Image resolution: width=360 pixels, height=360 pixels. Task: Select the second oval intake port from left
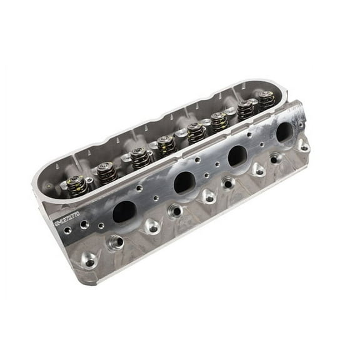[183, 182]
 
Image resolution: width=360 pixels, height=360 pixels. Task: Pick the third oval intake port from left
[237, 156]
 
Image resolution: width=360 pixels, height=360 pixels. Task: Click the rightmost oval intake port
[284, 131]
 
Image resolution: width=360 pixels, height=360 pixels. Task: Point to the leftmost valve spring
[77, 185]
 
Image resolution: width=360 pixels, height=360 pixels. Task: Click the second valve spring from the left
[106, 171]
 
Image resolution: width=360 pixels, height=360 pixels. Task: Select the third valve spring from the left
[139, 156]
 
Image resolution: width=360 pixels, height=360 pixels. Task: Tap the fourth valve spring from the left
[166, 145]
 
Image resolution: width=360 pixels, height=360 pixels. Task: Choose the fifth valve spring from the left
[196, 132]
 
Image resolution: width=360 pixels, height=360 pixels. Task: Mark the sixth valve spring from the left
[219, 121]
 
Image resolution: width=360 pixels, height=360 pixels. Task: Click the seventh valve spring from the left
[246, 109]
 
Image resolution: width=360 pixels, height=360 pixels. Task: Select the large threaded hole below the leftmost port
[115, 241]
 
